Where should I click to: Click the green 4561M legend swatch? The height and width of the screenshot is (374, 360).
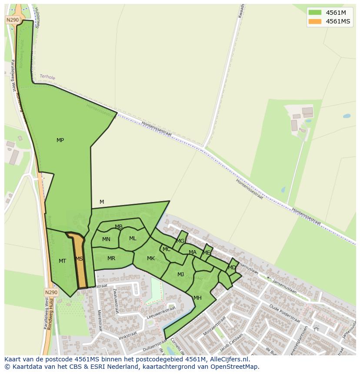tap(315, 13)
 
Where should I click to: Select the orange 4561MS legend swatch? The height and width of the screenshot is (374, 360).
tap(315, 22)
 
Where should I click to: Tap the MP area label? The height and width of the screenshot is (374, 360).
tap(60, 140)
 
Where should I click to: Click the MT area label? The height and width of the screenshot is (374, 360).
tap(62, 261)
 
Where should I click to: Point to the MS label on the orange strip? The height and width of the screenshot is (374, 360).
tap(79, 259)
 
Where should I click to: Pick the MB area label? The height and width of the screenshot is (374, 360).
tap(119, 227)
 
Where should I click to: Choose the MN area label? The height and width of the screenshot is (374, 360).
tap(106, 239)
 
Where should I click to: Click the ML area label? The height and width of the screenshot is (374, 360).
tap(133, 238)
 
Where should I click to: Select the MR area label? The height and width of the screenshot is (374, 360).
tap(111, 258)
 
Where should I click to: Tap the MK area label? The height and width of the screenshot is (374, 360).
tap(151, 258)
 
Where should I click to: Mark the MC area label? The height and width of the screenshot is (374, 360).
tap(167, 249)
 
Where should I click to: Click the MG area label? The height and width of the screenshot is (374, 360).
tap(180, 241)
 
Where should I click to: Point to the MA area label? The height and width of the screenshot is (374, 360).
tap(193, 252)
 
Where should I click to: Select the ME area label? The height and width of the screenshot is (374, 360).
tap(207, 253)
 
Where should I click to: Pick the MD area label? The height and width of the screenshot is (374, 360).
tap(232, 268)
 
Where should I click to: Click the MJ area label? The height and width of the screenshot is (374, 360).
tap(180, 275)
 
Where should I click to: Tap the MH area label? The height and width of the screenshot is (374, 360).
tap(197, 298)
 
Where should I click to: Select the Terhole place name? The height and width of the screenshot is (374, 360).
tap(47, 77)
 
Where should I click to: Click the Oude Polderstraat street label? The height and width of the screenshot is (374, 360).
tap(284, 314)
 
